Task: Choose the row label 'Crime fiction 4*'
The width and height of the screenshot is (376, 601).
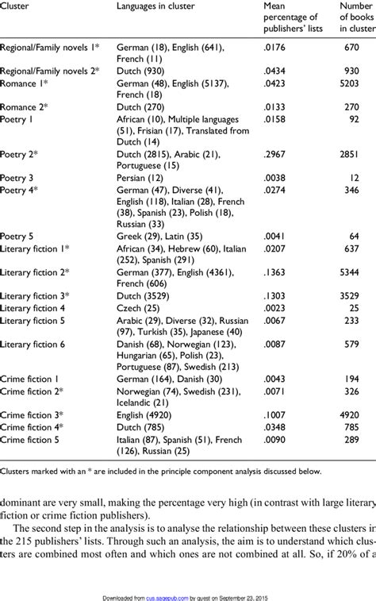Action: coord(33,426)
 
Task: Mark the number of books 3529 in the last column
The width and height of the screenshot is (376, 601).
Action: coord(355,296)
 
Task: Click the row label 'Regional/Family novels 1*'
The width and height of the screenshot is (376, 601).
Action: coord(51,48)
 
